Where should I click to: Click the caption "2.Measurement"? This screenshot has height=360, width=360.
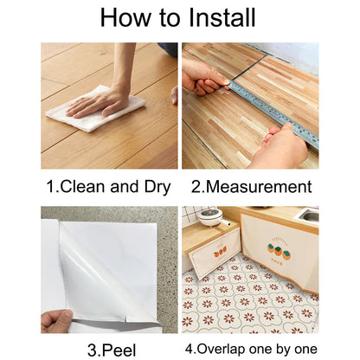click(x=250, y=186)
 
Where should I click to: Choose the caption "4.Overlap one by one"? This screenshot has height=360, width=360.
click(x=250, y=350)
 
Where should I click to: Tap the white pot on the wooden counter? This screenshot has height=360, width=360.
click(x=210, y=216)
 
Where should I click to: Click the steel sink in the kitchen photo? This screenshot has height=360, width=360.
click(x=306, y=213)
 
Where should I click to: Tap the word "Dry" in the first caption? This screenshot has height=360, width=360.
click(x=157, y=186)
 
